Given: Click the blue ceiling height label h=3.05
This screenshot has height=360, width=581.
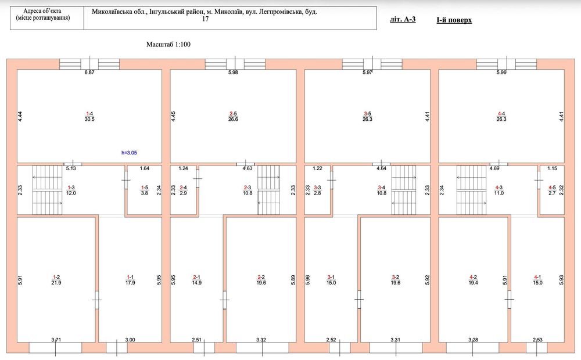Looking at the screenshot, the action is pyautogui.click(x=130, y=153).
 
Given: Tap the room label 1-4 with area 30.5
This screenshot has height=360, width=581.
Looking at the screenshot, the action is pyautogui.click(x=89, y=116).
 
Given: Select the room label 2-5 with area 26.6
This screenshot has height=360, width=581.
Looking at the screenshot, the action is pyautogui.click(x=233, y=116).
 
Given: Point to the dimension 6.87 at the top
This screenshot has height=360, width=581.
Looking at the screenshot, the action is pyautogui.click(x=89, y=72).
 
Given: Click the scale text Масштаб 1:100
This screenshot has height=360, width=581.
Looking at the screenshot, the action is pyautogui.click(x=168, y=45).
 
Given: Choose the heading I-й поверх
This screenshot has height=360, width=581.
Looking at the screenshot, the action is pyautogui.click(x=454, y=20).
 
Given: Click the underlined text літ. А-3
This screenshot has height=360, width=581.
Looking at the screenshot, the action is pyautogui.click(x=403, y=19).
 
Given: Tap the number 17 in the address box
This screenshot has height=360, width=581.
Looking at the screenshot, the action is pyautogui.click(x=205, y=19).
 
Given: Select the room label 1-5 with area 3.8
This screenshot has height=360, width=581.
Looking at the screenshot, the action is pyautogui.click(x=145, y=190).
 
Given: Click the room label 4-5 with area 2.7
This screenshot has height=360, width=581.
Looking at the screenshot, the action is pyautogui.click(x=552, y=190).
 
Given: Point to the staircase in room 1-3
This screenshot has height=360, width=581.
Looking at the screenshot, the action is pyautogui.click(x=48, y=190).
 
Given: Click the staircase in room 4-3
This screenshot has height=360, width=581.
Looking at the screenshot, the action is pyautogui.click(x=471, y=190).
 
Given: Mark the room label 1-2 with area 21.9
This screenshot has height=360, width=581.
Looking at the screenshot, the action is pyautogui.click(x=56, y=280).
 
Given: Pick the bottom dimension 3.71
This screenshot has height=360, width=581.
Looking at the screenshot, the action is pyautogui.click(x=56, y=340).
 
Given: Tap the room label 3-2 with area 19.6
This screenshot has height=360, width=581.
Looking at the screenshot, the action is pyautogui.click(x=395, y=280).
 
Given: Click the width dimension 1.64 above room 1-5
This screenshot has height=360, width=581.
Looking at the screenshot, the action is pyautogui.click(x=145, y=168).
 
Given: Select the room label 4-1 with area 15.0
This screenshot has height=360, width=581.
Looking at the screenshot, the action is pyautogui.click(x=537, y=280).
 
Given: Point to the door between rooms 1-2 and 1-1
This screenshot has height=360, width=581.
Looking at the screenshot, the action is pyautogui.click(x=96, y=300).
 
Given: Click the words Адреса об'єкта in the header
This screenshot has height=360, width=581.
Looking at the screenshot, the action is pyautogui.click(x=42, y=11).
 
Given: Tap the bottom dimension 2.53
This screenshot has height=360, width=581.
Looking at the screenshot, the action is pyautogui.click(x=537, y=340).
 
